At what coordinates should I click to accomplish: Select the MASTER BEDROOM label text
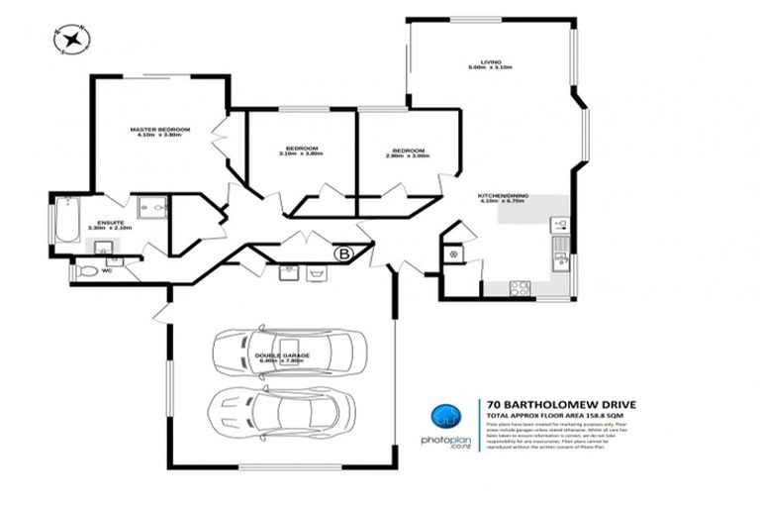tap(160, 129)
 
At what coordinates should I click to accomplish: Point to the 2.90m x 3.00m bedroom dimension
tap(408, 154)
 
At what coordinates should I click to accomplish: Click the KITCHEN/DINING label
tap(503, 195)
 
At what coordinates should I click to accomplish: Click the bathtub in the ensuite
tap(66, 220)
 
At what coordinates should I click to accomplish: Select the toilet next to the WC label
tap(87, 269)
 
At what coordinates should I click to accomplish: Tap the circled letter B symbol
tap(344, 253)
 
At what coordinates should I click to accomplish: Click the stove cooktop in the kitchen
tap(520, 288)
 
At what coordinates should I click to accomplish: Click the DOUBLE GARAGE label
tap(282, 355)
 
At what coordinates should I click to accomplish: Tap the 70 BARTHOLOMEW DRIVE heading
tap(561, 404)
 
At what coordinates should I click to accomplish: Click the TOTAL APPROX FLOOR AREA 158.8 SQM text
tap(561, 414)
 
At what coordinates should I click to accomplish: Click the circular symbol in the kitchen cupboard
tap(453, 254)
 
